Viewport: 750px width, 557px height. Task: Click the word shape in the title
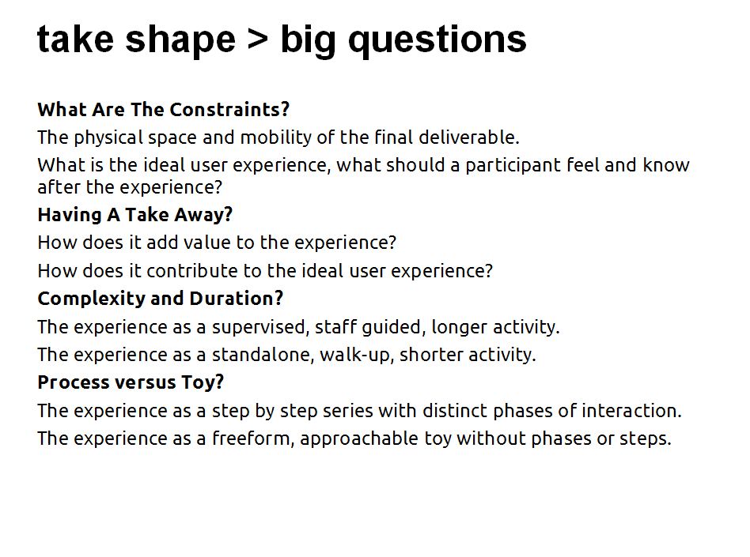point(180,40)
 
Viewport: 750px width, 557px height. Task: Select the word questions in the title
point(437,40)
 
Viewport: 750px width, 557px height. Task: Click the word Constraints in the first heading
point(229,109)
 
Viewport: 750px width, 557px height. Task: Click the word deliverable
point(468,137)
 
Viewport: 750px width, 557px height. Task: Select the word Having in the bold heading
point(70,216)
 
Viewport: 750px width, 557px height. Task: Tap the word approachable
point(359,439)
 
